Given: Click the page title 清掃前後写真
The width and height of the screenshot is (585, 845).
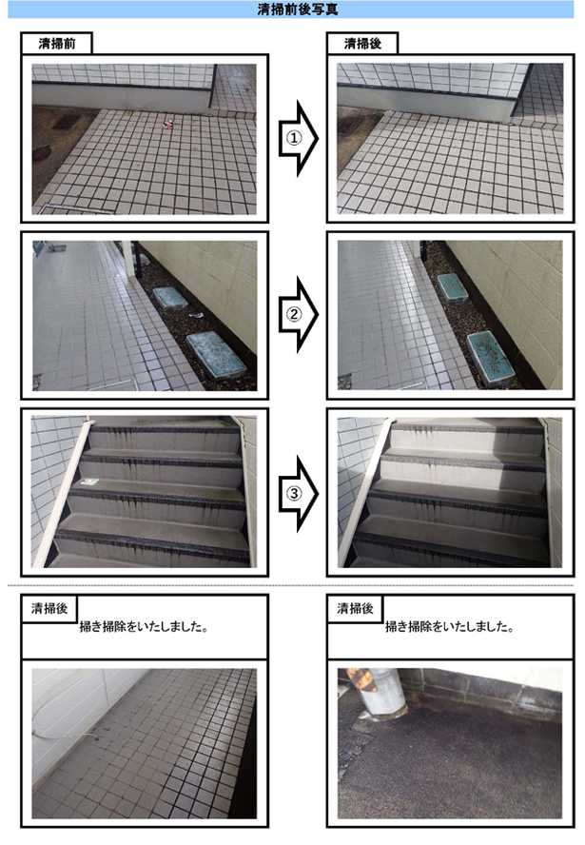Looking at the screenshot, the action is coord(298,10).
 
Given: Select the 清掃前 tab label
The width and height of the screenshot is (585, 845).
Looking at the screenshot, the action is coord(56,44).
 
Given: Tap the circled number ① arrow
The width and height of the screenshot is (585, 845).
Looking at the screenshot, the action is coord(298,139).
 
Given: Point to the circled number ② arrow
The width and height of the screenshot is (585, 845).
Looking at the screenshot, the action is coord(298,314).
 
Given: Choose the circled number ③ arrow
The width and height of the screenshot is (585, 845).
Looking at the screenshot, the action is coord(298,493).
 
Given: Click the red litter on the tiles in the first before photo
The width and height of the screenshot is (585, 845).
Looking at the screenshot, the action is coord(168,124).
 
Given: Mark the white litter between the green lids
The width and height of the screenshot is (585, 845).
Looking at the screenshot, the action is coord(195,316).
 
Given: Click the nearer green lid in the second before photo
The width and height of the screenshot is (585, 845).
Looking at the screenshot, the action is coord(216,355).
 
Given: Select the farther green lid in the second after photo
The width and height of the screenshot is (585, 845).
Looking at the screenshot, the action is coord(453,289).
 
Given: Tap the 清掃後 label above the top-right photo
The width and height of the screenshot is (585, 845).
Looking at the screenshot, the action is coord(362,44).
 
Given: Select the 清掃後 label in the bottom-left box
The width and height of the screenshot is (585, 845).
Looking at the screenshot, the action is coord(49,608).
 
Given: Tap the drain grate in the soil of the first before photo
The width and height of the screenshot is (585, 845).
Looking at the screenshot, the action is coord(66,122).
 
